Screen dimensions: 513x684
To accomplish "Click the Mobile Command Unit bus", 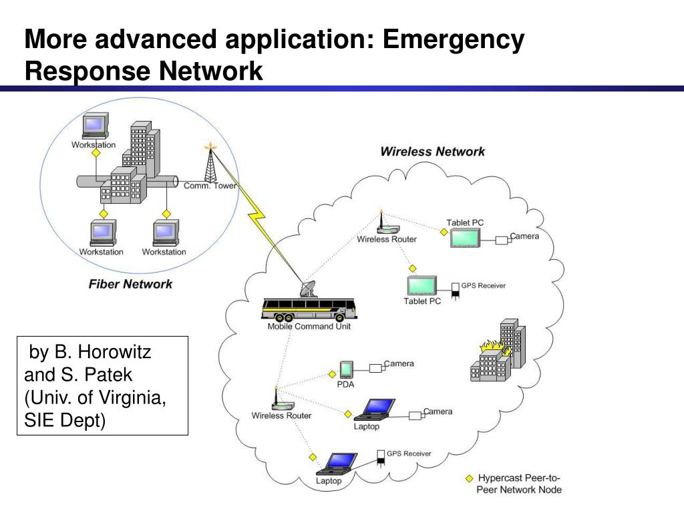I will (309, 309).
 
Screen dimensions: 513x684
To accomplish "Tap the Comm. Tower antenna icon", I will (210, 163).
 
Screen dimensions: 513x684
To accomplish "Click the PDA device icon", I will (346, 369).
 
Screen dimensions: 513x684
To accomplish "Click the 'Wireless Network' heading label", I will (432, 152).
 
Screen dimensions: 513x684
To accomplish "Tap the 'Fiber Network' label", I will (130, 284).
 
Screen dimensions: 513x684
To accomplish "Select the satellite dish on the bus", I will (308, 289).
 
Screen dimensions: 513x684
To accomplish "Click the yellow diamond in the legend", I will (469, 478).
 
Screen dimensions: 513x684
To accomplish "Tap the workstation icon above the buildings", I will (95, 126).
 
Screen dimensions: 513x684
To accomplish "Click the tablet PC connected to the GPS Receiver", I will (422, 285).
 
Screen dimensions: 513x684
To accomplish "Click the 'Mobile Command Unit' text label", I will (309, 327).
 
